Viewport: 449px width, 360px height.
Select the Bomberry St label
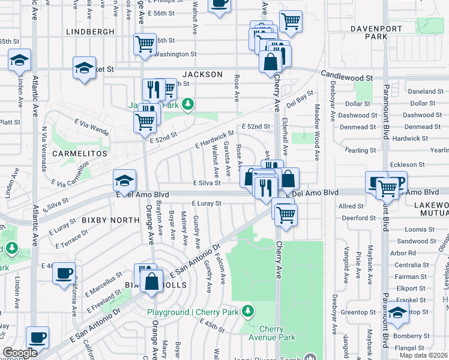point(410,336)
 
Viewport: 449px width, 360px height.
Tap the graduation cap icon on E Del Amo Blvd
point(125,179)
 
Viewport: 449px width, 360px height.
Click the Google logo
point(20,353)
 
